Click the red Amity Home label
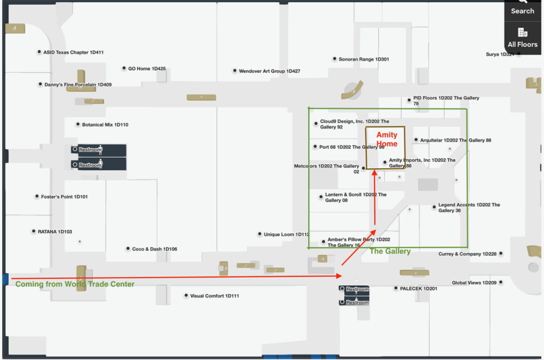pos(387,139)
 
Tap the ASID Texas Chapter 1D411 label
pos(73,53)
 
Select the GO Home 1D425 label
pos(147,68)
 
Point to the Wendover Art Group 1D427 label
pos(269,71)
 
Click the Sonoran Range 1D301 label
pos(363,59)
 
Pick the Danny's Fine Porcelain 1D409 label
pos(78,84)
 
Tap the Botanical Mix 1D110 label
pos(105,125)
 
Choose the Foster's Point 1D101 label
pos(64,197)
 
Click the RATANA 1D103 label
pos(55,232)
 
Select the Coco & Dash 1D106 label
pos(155,249)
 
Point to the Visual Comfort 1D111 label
pos(215,296)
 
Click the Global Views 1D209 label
pos(474,283)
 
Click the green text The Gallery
pos(390,251)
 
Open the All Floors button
pos(522,38)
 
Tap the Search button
pos(522,7)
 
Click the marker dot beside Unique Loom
pos(259,234)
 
